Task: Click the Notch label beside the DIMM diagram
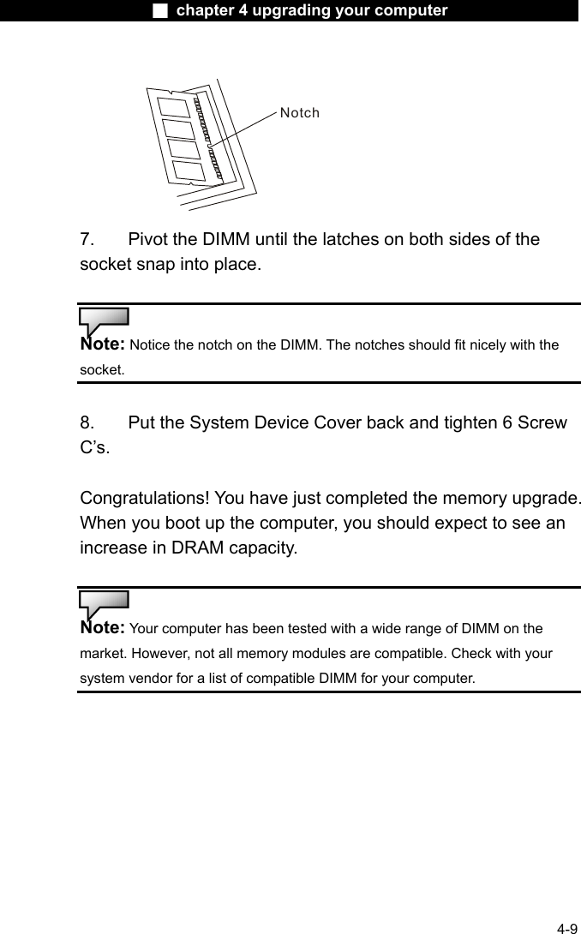click(x=299, y=112)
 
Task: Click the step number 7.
click(x=87, y=239)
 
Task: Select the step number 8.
click(x=87, y=422)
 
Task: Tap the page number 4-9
click(x=566, y=928)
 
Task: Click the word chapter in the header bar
click(x=207, y=10)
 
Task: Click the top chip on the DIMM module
click(x=174, y=108)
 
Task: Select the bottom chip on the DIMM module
click(x=189, y=171)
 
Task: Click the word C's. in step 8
click(x=94, y=446)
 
